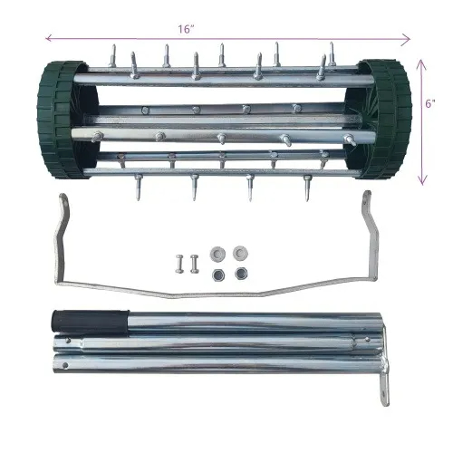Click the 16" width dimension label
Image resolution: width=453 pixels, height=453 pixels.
[187, 29]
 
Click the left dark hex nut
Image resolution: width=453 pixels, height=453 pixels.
[219, 273]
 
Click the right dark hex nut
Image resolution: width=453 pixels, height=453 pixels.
[241, 273]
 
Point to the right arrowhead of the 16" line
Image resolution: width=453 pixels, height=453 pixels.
[410, 39]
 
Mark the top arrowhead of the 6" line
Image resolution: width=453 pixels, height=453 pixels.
[422, 62]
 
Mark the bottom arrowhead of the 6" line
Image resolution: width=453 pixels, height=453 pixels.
[422, 183]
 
